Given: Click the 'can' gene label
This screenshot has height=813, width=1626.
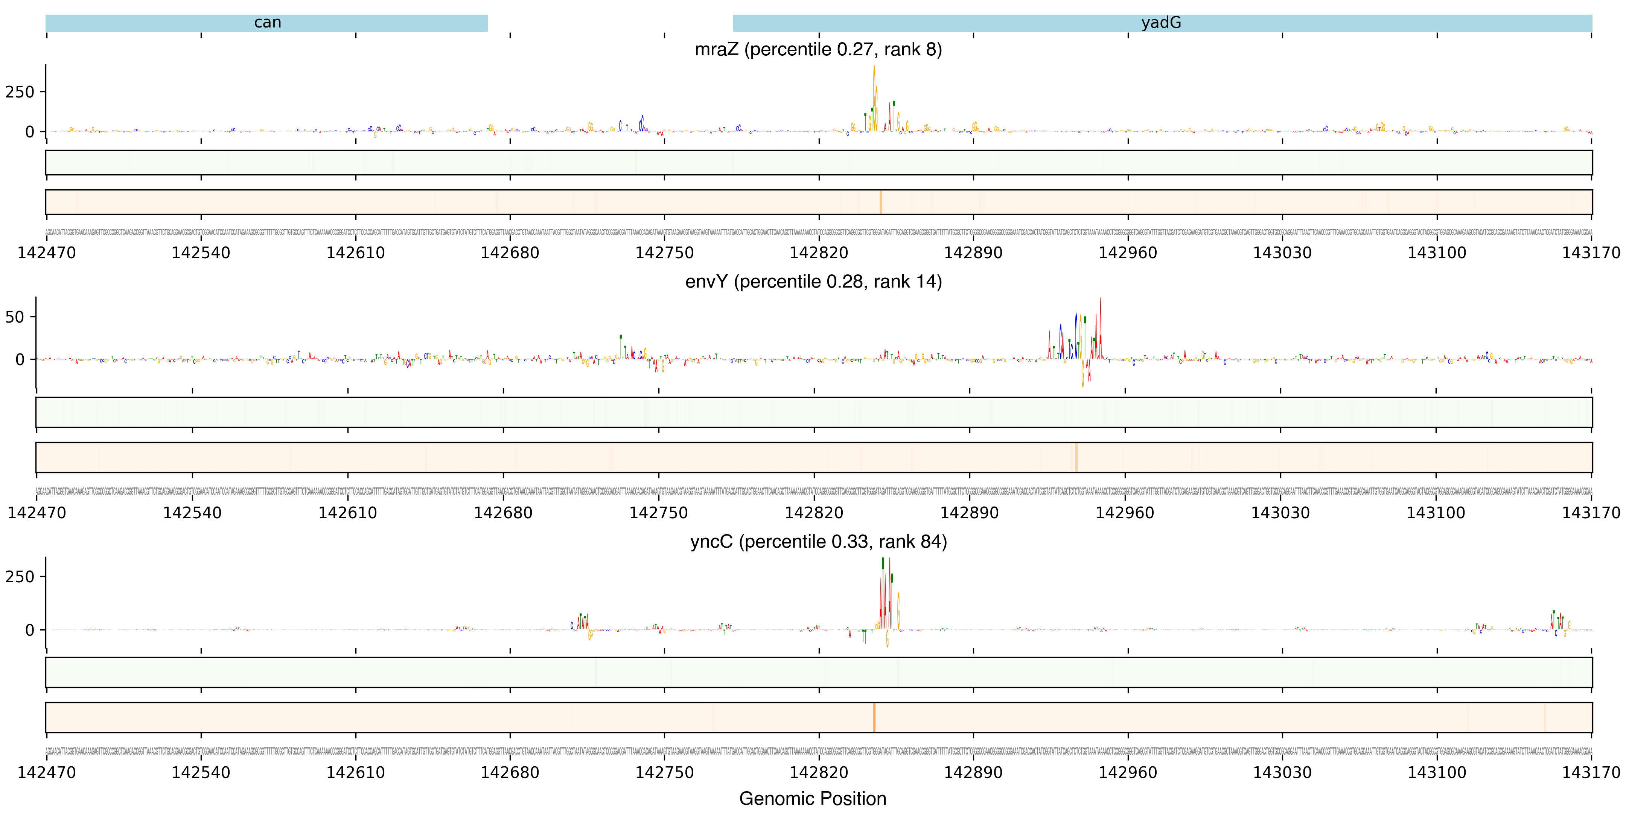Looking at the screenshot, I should click(x=268, y=23).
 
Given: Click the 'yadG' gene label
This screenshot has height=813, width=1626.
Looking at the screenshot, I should click(x=1161, y=23).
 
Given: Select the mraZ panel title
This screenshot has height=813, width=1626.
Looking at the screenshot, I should click(x=818, y=49).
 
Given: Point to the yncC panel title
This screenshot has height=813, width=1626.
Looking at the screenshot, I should click(x=818, y=542).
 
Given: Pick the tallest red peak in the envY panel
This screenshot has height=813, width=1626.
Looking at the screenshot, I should click(x=1100, y=316).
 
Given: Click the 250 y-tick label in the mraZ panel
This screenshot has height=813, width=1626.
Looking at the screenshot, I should click(x=20, y=92).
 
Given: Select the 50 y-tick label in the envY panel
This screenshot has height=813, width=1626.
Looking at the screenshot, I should click(x=15, y=317).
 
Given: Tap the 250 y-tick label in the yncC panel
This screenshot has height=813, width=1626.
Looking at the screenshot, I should click(x=20, y=577).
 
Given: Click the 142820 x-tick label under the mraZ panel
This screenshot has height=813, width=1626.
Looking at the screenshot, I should click(x=819, y=253).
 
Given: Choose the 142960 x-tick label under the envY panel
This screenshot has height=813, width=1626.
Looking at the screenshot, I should click(x=1125, y=513).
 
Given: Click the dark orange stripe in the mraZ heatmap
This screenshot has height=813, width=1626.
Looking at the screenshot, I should click(x=880, y=202).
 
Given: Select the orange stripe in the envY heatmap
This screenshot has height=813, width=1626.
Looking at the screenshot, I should click(x=1076, y=457).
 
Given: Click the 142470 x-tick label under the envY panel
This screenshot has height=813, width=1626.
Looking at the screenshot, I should click(x=37, y=513).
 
